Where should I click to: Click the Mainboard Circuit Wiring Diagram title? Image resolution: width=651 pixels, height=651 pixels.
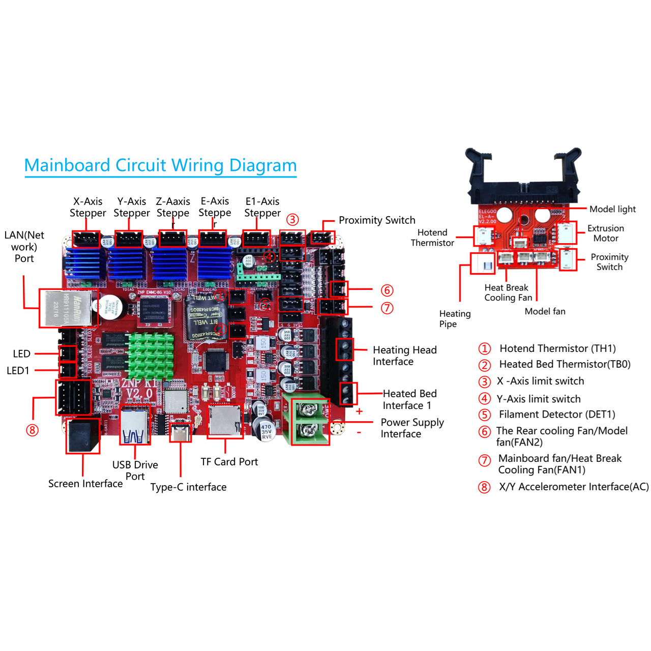[x=160, y=165]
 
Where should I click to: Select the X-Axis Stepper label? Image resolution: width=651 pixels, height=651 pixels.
[x=87, y=207]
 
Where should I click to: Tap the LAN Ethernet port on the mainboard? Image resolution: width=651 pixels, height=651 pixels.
[x=68, y=308]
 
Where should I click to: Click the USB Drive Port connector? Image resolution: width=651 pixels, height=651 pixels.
[x=135, y=425]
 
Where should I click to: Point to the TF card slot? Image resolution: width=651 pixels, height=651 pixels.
[x=225, y=421]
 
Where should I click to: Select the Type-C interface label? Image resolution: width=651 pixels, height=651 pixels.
[x=188, y=487]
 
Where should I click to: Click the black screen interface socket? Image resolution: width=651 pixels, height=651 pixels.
[x=82, y=436]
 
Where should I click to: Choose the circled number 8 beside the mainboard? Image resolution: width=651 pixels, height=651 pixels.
[x=32, y=430]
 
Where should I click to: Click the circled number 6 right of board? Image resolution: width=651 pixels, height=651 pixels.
[x=387, y=290]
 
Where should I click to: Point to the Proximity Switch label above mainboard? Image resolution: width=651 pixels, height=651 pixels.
[x=377, y=220]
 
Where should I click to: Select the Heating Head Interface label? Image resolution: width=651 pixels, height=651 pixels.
[x=404, y=356]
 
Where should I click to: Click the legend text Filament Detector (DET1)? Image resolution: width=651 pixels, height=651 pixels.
[x=557, y=415]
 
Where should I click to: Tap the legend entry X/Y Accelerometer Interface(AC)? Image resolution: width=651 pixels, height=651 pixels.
[x=573, y=487]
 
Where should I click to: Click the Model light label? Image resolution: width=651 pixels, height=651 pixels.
[x=612, y=209]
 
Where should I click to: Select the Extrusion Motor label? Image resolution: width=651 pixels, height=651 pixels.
[x=605, y=233]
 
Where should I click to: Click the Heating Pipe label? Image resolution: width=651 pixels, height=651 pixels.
[x=455, y=319]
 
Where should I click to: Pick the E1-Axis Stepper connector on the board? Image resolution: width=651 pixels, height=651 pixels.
[x=256, y=239]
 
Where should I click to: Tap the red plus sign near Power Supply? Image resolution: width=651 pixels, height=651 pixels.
[x=359, y=411]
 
